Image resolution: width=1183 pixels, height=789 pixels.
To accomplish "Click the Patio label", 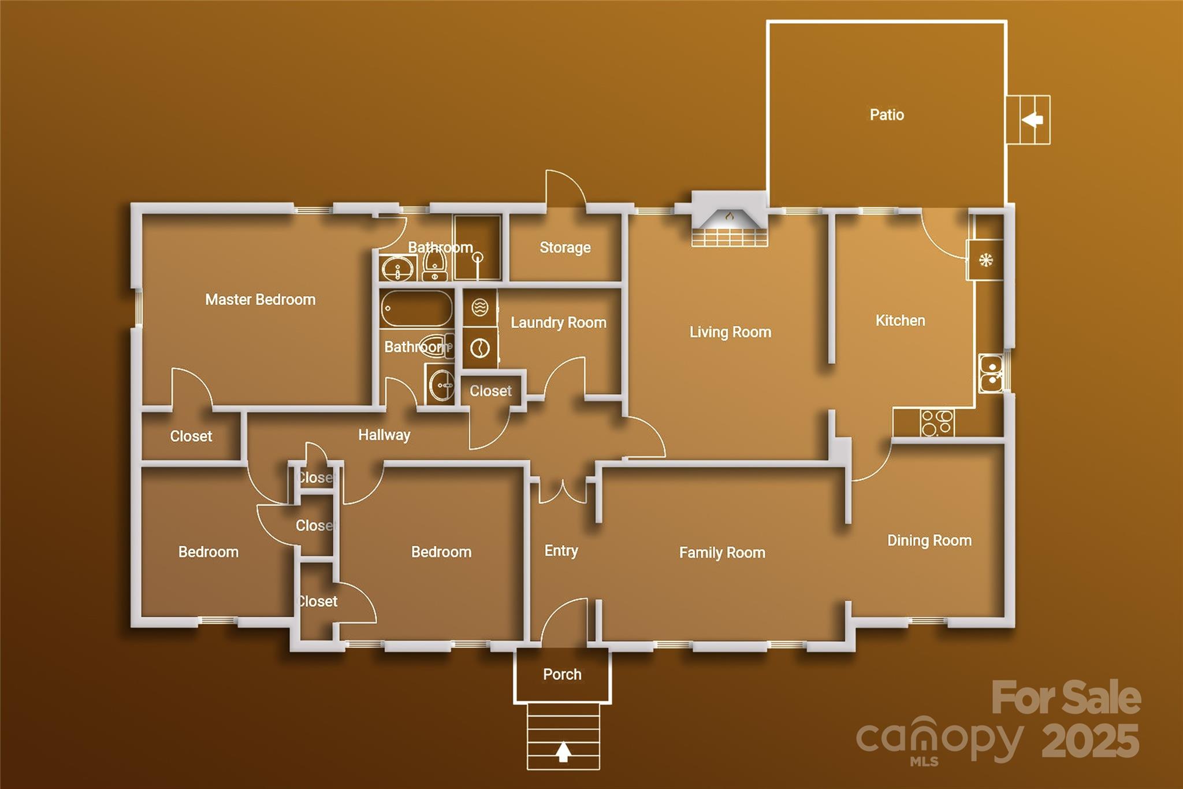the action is [x=887, y=114].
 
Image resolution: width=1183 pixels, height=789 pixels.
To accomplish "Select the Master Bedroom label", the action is [x=261, y=299].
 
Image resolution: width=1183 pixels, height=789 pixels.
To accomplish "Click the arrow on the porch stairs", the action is [x=564, y=752].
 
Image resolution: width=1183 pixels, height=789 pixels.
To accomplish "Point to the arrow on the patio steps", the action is [x=1032, y=120].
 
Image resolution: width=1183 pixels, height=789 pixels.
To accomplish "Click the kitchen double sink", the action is [x=991, y=374].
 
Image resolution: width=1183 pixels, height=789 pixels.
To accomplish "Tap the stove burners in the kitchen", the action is [x=937, y=423].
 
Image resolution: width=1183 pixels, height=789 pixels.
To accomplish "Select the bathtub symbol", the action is [x=416, y=309].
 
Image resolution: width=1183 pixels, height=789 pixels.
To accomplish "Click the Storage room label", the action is [x=565, y=247].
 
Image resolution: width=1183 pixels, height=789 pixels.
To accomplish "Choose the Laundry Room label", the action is [x=559, y=323].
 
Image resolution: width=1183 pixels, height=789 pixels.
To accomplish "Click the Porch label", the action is [x=562, y=674].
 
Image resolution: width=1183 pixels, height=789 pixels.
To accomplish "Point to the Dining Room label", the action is [x=929, y=540].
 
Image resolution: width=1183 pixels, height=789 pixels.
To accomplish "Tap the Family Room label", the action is [x=722, y=553].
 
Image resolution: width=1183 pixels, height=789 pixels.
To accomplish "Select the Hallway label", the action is [x=384, y=435].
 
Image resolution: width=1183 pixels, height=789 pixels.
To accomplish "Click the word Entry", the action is [x=561, y=551].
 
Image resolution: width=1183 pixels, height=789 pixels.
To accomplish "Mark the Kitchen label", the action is [x=900, y=320].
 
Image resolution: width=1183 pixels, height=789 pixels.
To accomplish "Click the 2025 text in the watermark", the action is [x=1091, y=740].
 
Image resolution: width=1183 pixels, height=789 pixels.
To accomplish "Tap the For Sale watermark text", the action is [x=1066, y=698].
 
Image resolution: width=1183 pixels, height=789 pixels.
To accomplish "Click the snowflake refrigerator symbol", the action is [x=986, y=260].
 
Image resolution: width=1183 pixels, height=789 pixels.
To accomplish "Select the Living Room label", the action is [x=730, y=332].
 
